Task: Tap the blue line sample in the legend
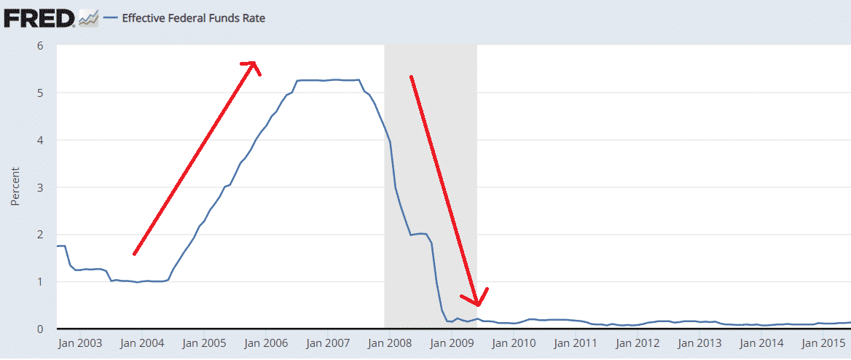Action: coord(110,18)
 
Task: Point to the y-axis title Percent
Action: coord(15,187)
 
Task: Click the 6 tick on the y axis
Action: coord(41,46)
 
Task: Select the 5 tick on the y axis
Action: coord(41,93)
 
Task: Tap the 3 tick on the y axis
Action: coord(41,187)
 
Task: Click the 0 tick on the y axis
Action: coord(41,329)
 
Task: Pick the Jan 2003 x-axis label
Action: coord(81,343)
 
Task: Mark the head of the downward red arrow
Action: coord(477,302)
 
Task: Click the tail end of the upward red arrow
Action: coord(135,254)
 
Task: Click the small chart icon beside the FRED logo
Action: coord(88,18)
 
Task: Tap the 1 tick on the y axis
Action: coord(41,281)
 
